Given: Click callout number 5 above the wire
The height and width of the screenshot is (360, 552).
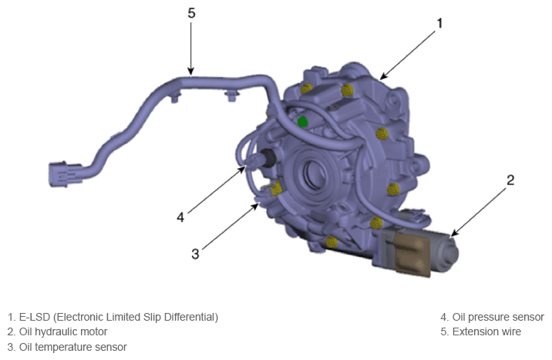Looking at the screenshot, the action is (x=191, y=13).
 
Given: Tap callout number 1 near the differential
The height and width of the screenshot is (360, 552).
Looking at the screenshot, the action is (x=439, y=24).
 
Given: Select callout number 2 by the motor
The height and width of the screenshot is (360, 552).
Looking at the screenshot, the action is (x=510, y=180).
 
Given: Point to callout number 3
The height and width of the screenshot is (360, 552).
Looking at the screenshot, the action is (x=195, y=254).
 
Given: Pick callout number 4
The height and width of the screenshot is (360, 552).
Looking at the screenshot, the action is (x=180, y=217).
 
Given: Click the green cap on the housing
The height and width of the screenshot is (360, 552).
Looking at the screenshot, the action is (x=302, y=121).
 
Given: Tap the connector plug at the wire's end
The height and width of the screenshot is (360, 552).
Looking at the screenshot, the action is (x=65, y=174).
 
